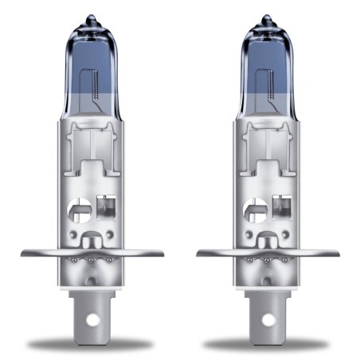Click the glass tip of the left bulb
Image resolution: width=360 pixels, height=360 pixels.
pos(92,18)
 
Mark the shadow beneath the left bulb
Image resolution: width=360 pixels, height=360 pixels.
pos(92,343)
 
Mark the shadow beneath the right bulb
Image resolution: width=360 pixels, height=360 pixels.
pos(267,343)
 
